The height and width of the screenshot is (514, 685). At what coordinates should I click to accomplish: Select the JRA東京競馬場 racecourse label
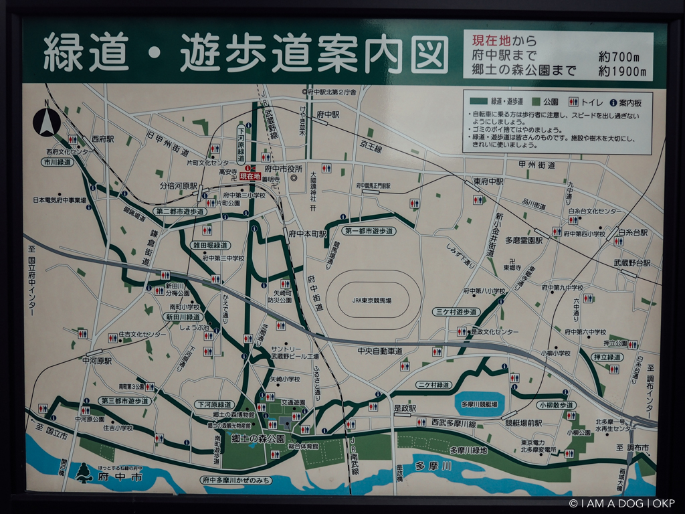pyautogui.click(x=373, y=301)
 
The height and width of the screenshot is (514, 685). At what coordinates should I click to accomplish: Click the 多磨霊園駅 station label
pyautogui.click(x=524, y=239)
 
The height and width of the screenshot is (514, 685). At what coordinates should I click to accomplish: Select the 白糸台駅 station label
pyautogui.click(x=633, y=232)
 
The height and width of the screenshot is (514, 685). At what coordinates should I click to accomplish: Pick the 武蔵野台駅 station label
pyautogui.click(x=632, y=263)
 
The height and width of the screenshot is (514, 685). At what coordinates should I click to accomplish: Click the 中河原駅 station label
pyautogui.click(x=97, y=360)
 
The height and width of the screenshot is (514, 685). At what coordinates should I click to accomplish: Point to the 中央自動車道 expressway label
pyautogui.click(x=380, y=351)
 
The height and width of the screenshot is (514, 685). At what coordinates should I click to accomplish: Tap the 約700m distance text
pyautogui.click(x=622, y=57)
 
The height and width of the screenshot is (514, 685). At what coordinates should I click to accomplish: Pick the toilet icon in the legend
pyautogui.click(x=573, y=102)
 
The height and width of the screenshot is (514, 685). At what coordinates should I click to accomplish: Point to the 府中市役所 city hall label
pyautogui.click(x=284, y=168)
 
